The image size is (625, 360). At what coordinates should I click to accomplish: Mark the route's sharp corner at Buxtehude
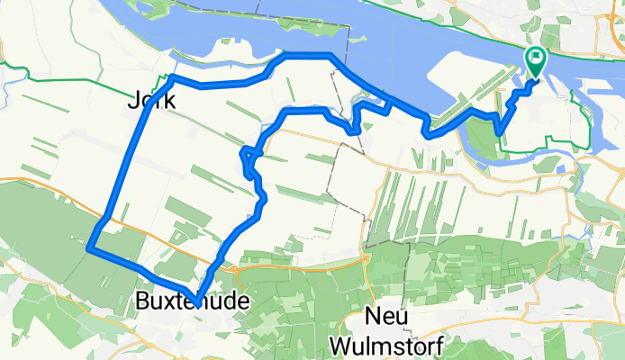pyautogui.click(x=195, y=288)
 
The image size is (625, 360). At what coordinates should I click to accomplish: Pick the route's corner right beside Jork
pyautogui.click(x=169, y=78)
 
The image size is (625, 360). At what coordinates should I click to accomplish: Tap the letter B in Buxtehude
pyautogui.click(x=141, y=300)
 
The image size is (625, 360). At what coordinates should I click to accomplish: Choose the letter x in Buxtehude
pyautogui.click(x=170, y=301)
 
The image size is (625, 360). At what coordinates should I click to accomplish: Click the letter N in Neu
pyautogui.click(x=374, y=317)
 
